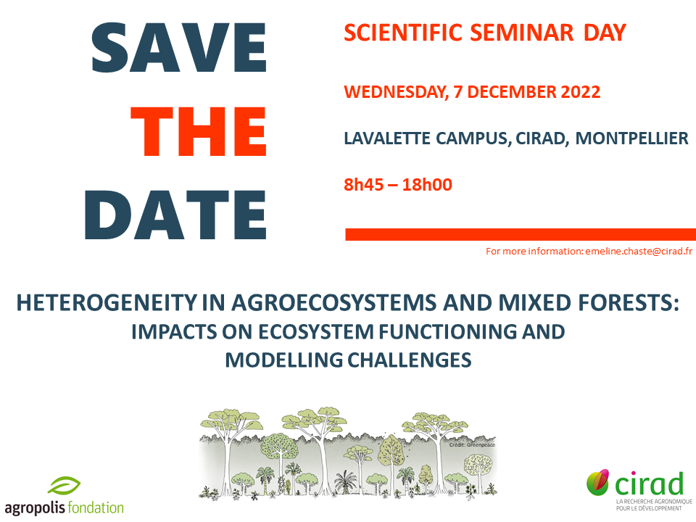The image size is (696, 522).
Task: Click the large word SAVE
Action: pos(178,48)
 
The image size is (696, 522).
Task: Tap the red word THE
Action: pos(199,132)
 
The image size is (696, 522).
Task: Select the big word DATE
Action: pos(175,215)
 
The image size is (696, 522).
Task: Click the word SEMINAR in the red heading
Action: pos(521,33)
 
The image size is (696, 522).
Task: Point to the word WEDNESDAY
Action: pos(396,92)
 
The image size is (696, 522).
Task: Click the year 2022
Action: pos(581,92)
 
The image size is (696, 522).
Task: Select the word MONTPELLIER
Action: pos(631,138)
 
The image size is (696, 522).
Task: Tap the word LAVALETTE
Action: pos(387,138)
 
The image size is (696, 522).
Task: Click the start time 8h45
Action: pos(363,185)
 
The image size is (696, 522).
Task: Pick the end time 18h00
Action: pos(427,185)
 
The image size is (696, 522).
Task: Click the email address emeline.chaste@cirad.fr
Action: pos(639,252)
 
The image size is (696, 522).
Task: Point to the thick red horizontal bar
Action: pos(521,234)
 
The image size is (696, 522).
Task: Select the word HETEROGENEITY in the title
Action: pos(107,303)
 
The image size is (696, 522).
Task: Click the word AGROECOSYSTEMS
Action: pos(334,303)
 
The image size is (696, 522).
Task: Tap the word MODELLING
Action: pos(283,360)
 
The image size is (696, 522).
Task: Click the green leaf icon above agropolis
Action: pos(64,485)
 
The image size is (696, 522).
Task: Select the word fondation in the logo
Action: pos(96,507)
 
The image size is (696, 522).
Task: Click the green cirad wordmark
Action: pos(649,484)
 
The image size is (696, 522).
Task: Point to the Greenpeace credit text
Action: pos(472,444)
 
